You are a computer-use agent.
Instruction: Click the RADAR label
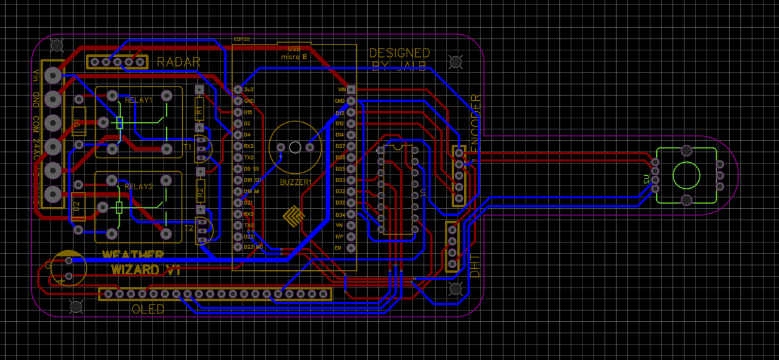tap(178, 62)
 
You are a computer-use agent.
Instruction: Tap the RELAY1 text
tap(138, 100)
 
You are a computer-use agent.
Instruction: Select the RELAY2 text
tap(138, 187)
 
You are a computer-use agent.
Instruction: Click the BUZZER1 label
tap(295, 183)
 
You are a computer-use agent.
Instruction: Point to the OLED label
tap(148, 309)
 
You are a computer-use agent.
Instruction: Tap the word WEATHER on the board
tap(133, 256)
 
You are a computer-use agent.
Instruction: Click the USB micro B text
tap(294, 53)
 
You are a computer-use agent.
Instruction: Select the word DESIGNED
tap(399, 53)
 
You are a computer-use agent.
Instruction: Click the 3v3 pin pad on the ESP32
tap(238, 89)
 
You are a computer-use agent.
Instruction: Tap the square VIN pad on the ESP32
tap(350, 89)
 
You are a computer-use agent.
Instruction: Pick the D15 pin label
tap(248, 112)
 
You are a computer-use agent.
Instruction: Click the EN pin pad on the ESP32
tap(350, 248)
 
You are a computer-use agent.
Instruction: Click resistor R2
tap(200, 191)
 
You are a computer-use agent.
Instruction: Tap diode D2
tap(78, 206)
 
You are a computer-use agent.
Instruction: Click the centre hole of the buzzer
tap(295, 147)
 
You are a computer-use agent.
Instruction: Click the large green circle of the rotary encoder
tap(686, 175)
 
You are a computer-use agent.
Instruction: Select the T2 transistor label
tap(189, 228)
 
